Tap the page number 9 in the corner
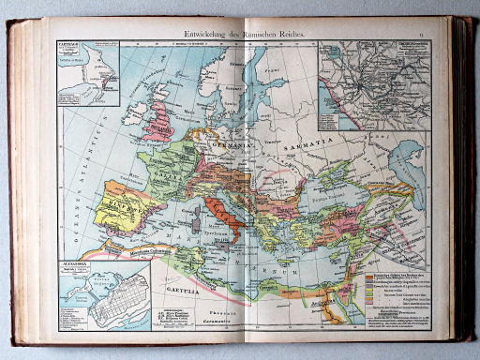click(x=422, y=33)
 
